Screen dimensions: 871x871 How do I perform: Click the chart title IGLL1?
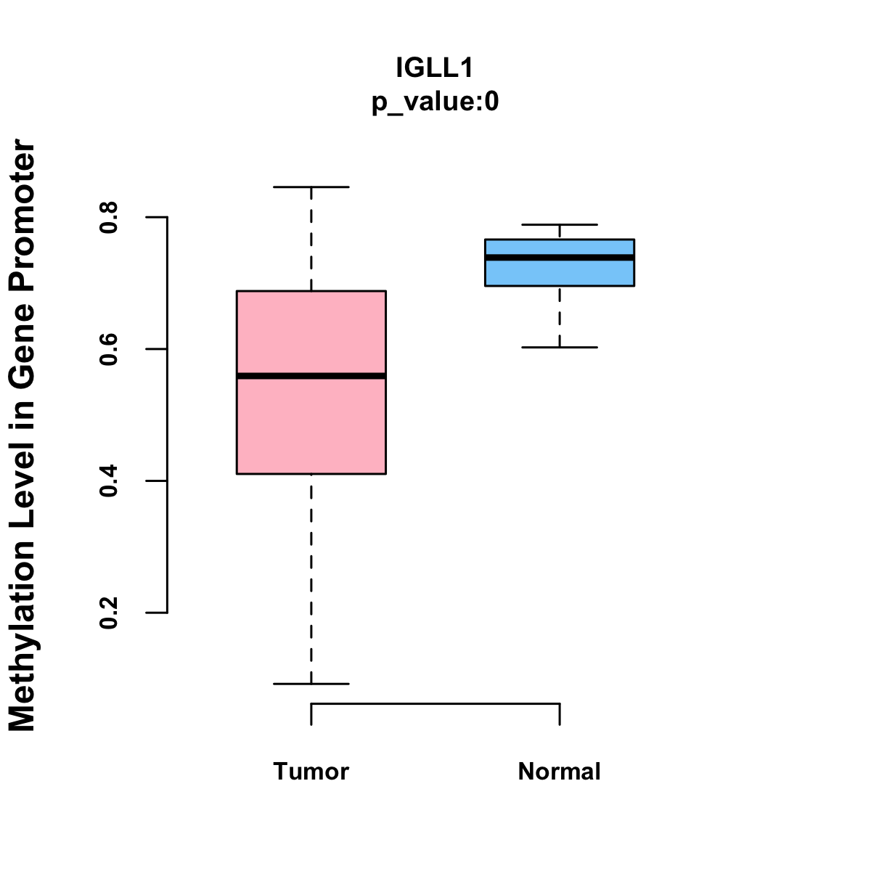coord(434,68)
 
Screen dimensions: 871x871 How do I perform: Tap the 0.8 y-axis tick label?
coord(108,218)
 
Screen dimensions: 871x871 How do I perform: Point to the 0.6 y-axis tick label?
coord(108,349)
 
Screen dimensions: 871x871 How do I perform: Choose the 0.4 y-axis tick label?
coord(108,481)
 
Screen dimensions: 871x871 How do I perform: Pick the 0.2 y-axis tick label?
coord(108,613)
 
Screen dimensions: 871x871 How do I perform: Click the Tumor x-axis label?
coord(311,771)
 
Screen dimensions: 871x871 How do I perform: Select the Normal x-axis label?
coord(559,771)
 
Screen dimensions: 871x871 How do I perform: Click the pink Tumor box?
coord(311,383)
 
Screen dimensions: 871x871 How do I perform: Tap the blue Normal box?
coord(560,263)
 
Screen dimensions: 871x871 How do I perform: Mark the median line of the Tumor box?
coord(311,376)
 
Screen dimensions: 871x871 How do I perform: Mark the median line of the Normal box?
coord(560,258)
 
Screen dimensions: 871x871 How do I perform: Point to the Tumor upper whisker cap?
coord(311,187)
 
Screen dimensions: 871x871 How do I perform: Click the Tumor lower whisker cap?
coord(311,684)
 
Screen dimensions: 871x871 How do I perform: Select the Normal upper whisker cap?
coord(560,224)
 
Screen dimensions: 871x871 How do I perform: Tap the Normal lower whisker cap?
coord(560,347)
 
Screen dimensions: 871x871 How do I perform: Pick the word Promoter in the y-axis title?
coord(22,215)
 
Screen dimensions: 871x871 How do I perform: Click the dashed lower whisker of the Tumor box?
coord(311,579)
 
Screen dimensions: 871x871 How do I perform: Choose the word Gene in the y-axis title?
coord(22,345)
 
